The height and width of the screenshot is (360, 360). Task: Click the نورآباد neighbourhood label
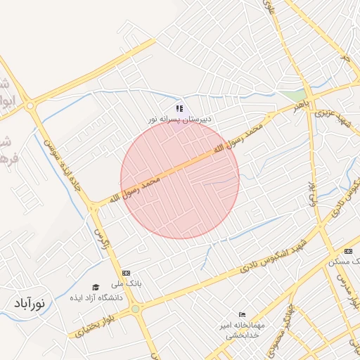[x=29, y=304]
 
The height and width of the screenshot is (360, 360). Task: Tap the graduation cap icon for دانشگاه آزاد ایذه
[x=96, y=287]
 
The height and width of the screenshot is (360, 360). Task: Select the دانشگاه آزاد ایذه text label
[x=96, y=298]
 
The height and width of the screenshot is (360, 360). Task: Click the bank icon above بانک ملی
[x=126, y=273]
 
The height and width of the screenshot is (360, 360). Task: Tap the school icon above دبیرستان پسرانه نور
[x=179, y=109]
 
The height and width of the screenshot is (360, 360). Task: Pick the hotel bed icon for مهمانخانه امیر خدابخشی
[x=243, y=314]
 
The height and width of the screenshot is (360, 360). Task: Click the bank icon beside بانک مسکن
[x=349, y=252]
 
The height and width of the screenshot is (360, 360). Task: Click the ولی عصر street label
[x=309, y=191]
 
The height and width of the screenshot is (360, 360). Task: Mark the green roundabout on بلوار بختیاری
[x=135, y=308]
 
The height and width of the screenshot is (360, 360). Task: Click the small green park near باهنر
[x=298, y=94]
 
